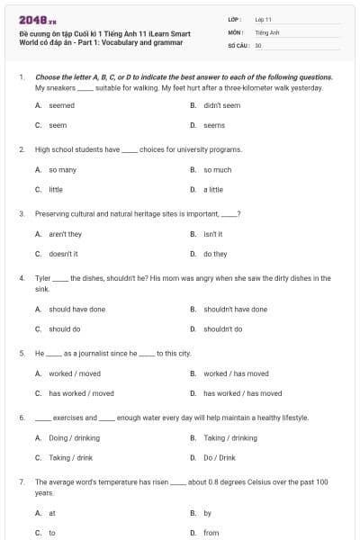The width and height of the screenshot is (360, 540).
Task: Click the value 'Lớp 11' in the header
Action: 264,18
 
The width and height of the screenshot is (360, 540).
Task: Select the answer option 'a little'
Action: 213,190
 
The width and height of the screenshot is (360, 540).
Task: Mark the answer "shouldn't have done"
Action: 235,309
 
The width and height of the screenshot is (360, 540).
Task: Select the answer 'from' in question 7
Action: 211,532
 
